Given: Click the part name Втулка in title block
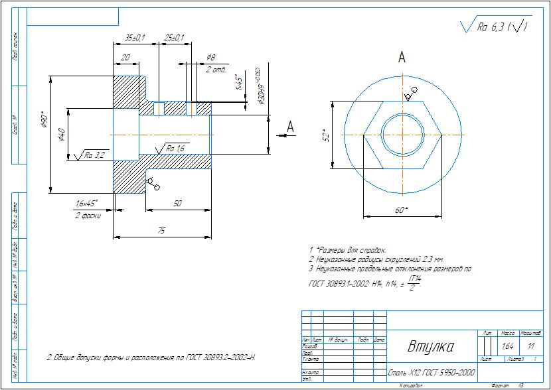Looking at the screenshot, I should (430, 347).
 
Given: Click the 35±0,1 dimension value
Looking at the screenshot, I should (135, 38).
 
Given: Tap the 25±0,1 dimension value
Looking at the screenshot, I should (174, 38).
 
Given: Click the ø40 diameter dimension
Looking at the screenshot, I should (62, 135).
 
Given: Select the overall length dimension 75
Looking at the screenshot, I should (161, 229).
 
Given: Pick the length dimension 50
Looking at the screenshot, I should (177, 204).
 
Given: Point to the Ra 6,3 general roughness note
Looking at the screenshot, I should (495, 27).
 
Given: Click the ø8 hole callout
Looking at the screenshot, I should (211, 58).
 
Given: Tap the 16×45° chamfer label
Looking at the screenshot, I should (86, 203).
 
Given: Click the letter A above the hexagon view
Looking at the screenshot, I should (402, 58).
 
